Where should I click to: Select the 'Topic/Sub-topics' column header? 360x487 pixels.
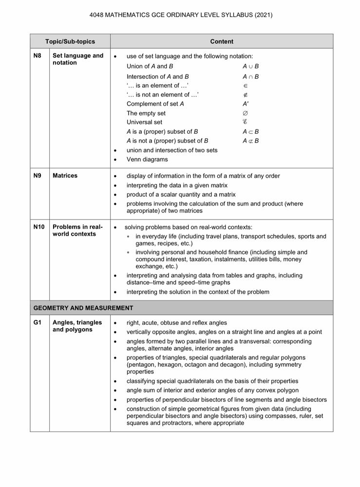click(70, 41)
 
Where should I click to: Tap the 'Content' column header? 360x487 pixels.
click(222, 41)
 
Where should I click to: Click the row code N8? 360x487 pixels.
click(38, 56)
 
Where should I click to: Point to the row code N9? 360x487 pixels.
click(38, 175)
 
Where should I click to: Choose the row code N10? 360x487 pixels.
click(39, 227)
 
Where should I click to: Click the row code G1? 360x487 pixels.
click(38, 322)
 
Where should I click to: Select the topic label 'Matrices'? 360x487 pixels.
click(65, 175)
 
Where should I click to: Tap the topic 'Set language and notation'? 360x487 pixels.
click(78, 59)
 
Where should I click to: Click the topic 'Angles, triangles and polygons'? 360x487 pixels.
click(77, 326)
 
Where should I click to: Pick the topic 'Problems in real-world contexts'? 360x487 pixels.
click(77, 230)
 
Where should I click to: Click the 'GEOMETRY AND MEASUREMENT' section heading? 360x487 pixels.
click(83, 308)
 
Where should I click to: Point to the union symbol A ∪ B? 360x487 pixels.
click(250, 66)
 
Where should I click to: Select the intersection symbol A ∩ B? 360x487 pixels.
click(250, 76)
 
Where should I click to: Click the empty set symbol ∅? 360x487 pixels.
click(245, 113)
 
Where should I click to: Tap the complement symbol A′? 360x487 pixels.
click(246, 104)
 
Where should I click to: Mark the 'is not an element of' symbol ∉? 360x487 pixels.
click(245, 94)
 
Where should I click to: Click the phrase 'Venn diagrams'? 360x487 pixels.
click(147, 159)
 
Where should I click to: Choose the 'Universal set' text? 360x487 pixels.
click(144, 122)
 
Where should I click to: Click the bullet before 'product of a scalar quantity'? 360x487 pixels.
click(115, 195)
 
